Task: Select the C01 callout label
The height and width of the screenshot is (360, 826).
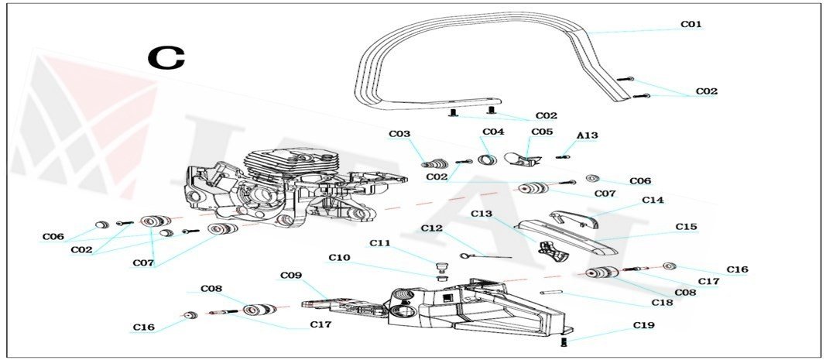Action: click(691, 25)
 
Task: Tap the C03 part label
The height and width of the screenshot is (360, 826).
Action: click(399, 134)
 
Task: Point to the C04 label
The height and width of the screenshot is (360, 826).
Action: click(493, 132)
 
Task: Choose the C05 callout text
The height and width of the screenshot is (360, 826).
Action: click(542, 132)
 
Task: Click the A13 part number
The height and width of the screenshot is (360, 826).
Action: click(587, 135)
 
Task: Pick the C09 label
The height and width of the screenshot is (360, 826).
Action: click(290, 276)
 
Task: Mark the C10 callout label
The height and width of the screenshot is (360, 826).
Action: click(339, 257)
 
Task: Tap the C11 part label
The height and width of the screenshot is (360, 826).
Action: click(379, 243)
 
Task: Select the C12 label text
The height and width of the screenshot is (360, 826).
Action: click(431, 228)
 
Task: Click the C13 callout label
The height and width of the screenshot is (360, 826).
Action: click(482, 213)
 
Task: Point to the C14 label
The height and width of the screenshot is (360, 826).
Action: click(653, 200)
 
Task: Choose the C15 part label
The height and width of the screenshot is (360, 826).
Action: click(686, 227)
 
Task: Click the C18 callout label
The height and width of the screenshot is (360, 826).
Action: click(663, 303)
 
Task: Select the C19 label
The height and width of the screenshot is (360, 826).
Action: click(643, 325)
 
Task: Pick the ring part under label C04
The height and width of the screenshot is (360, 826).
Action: click(488, 160)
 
